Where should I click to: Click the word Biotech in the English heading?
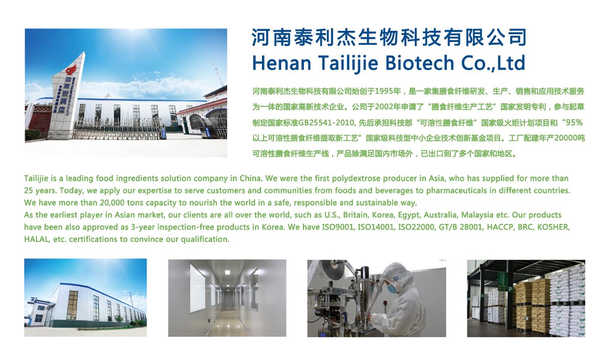[x=419, y=63]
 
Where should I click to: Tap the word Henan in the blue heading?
[x=282, y=63]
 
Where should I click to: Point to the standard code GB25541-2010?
[x=327, y=123]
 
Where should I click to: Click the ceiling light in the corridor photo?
[x=227, y=272]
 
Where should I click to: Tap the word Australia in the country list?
[x=440, y=215]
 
